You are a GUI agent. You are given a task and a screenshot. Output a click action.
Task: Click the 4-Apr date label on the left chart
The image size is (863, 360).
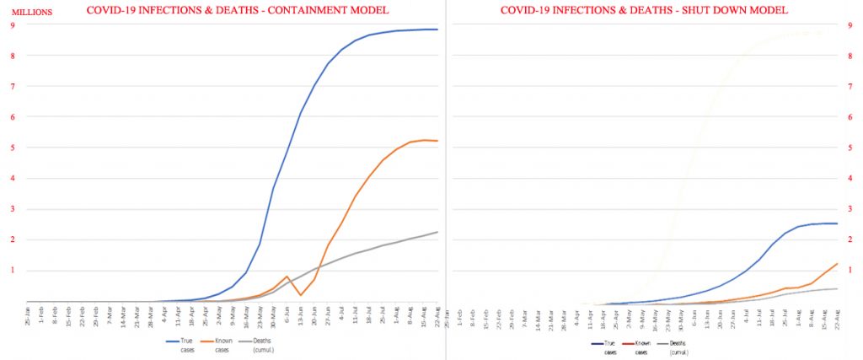(163, 316)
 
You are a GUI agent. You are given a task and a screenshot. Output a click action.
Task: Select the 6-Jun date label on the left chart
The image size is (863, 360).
(287, 316)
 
